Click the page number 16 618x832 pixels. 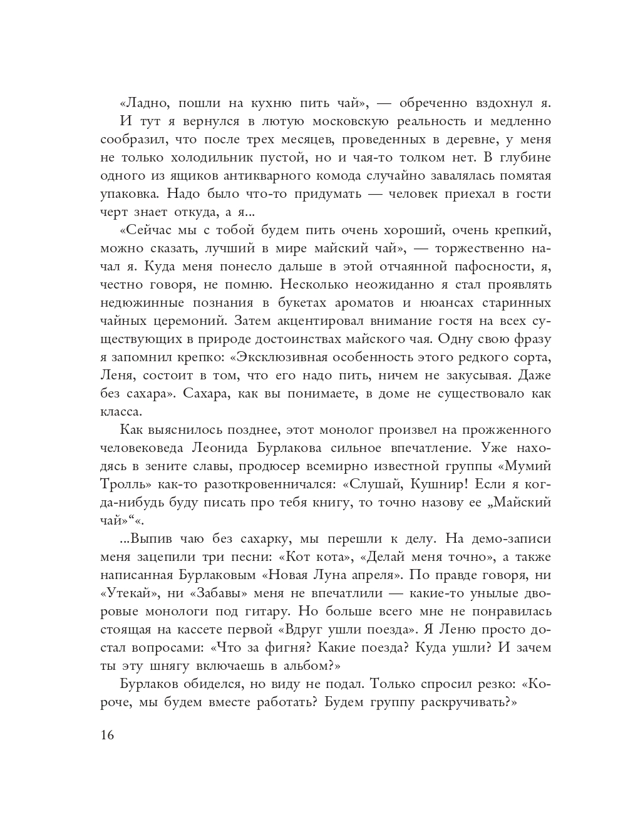coord(107,735)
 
